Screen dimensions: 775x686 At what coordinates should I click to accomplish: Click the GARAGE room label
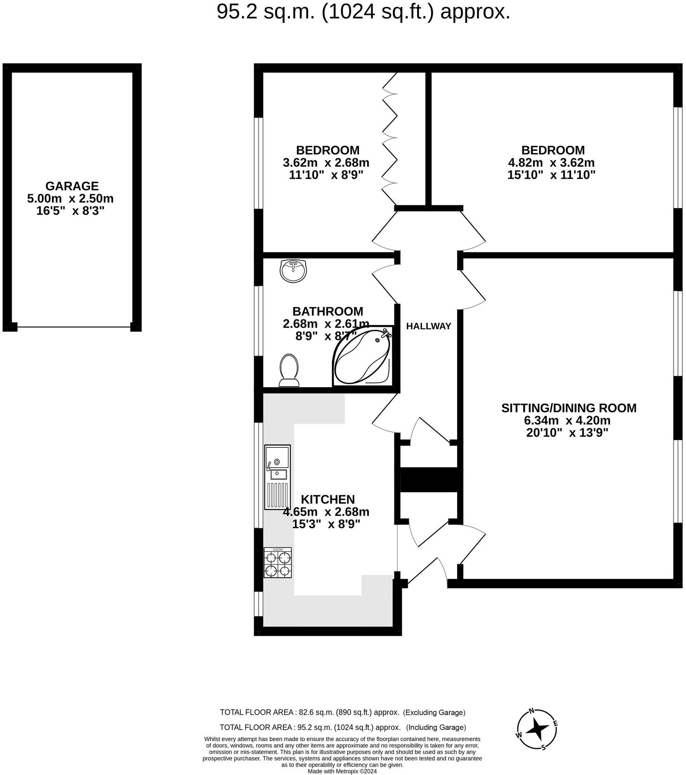coord(72,186)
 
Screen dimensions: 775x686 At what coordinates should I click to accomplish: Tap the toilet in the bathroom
coord(289,370)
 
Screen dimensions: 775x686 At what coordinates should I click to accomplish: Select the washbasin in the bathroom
coord(293,271)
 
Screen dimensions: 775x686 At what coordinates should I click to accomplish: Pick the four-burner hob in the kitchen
coord(278,563)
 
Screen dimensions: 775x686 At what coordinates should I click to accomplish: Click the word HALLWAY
coord(429,326)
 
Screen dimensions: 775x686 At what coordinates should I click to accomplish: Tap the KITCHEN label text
coord(328,499)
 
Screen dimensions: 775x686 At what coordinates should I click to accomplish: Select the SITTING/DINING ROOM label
coord(569,408)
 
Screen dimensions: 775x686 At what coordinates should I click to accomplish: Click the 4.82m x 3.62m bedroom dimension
coord(551,162)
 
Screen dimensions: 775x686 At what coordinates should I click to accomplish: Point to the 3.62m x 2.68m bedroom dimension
coord(326,162)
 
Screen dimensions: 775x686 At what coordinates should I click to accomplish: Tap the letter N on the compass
coord(532,711)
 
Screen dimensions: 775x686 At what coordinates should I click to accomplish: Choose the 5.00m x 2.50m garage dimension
coord(70,199)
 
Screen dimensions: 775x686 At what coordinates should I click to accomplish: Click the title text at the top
coord(363,12)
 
